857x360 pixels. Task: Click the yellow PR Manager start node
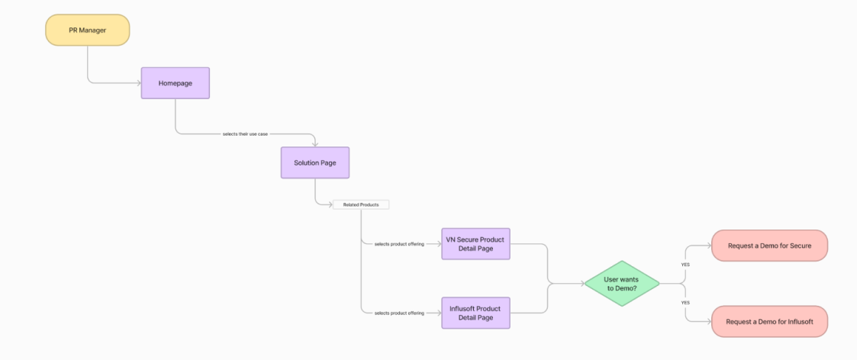[87, 30]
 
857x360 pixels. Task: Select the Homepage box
[175, 82]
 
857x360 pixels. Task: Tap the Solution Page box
[315, 162]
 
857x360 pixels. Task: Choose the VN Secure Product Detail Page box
[475, 244]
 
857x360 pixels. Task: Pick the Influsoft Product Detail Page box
[475, 313]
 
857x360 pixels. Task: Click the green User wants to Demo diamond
[622, 284]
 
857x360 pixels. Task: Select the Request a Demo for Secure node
[769, 246]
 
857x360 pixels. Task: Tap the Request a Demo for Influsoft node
[769, 322]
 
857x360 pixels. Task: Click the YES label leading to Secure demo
[685, 265]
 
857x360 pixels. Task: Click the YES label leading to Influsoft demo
[685, 303]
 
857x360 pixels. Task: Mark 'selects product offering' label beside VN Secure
[399, 244]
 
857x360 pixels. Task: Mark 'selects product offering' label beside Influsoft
[399, 313]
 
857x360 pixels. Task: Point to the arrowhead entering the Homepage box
[138, 82]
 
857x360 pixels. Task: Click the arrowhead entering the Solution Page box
[315, 144]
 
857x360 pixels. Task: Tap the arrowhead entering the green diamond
[582, 284]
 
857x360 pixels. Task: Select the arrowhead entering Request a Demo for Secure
[708, 246]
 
